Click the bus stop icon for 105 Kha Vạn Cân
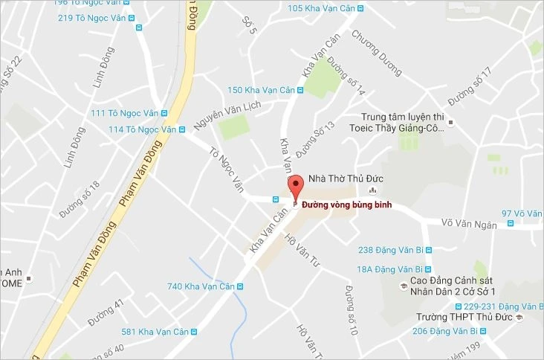[360, 9]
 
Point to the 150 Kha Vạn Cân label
[261, 90]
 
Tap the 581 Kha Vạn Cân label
[155, 332]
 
